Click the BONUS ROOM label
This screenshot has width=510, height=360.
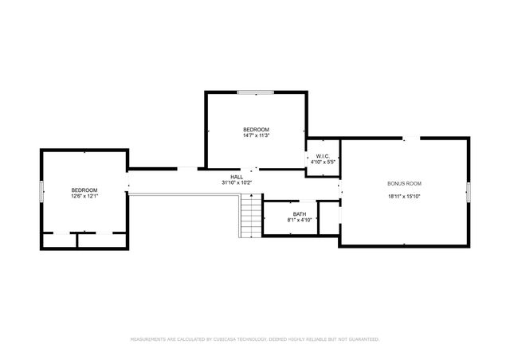point(403,183)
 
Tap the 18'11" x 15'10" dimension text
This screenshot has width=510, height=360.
point(403,196)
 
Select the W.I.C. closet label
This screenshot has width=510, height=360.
point(323,156)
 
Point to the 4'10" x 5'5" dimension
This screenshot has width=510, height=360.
point(323,162)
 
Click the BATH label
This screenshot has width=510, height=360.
point(300,213)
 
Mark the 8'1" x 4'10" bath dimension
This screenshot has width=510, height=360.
point(300,220)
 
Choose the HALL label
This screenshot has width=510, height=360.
point(237,177)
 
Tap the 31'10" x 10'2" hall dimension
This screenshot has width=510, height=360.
point(237,183)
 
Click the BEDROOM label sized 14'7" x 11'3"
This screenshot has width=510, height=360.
point(256,129)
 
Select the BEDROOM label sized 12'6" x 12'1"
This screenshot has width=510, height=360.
point(84,190)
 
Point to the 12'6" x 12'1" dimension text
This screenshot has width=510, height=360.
point(84,196)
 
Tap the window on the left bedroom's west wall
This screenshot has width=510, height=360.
point(41,192)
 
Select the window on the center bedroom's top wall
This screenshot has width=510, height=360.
point(256,92)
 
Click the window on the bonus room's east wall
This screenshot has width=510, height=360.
point(469,191)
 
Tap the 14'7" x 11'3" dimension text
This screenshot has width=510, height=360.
point(256,135)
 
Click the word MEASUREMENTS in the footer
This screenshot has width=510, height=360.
point(147,339)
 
